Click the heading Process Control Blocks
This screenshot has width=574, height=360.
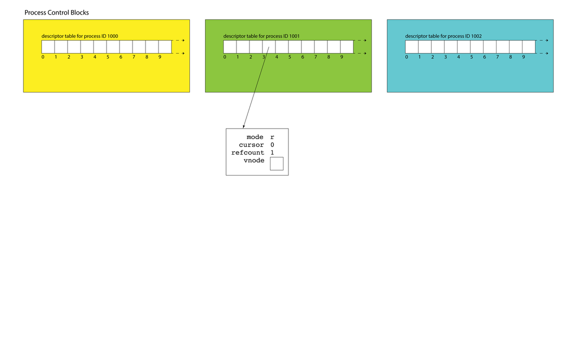56,12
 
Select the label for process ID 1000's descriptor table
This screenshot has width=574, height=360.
79,36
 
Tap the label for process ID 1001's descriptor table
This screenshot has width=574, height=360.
261,36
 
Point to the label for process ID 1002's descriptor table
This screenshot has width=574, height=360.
443,36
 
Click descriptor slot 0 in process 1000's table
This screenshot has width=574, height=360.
48,47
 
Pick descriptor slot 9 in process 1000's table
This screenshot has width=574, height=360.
165,47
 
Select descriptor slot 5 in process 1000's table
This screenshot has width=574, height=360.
113,47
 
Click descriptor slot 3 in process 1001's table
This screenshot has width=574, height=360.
269,47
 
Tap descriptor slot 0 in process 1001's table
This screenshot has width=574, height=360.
230,47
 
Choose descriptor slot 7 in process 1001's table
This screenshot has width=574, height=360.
321,47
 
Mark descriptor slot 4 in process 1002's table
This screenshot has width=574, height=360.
464,47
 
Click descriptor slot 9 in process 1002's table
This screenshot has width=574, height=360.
529,47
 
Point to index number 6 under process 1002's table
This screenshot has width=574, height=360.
484,57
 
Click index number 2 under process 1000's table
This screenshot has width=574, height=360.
69,57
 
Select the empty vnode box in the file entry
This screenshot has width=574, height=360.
276,163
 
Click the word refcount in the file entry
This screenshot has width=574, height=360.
247,152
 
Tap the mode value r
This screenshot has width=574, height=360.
272,137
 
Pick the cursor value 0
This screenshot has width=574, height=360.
272,145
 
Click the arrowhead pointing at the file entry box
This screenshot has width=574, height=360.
243,126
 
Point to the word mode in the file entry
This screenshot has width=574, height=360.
255,137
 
